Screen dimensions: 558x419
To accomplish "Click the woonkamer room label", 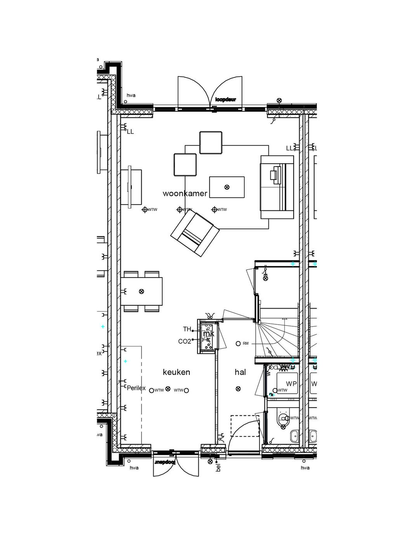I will [185, 193].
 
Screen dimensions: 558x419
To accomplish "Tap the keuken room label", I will [177, 372].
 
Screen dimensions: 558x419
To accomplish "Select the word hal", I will [240, 372].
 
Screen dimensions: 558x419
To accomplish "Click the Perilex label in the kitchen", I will [136, 388].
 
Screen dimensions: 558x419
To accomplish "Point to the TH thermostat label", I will [187, 329].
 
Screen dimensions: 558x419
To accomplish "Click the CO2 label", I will [185, 341].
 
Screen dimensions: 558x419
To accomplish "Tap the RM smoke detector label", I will [246, 343].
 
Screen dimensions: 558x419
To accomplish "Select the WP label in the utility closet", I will [291, 384].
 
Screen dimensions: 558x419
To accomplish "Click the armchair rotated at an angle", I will [195, 235].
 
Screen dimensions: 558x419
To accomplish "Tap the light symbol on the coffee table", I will [227, 187].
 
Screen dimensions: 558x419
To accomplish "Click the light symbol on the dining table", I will [142, 291].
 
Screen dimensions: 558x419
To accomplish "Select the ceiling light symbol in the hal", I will [238, 389].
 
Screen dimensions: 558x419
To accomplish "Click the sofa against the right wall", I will [277, 187].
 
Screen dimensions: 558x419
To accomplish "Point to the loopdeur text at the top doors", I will [225, 100].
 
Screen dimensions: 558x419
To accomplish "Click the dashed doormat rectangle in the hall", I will [245, 426].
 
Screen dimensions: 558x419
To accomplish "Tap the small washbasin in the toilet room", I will [294, 436].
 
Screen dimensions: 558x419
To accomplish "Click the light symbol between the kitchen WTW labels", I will [168, 389].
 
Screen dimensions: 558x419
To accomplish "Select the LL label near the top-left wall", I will [130, 132].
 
